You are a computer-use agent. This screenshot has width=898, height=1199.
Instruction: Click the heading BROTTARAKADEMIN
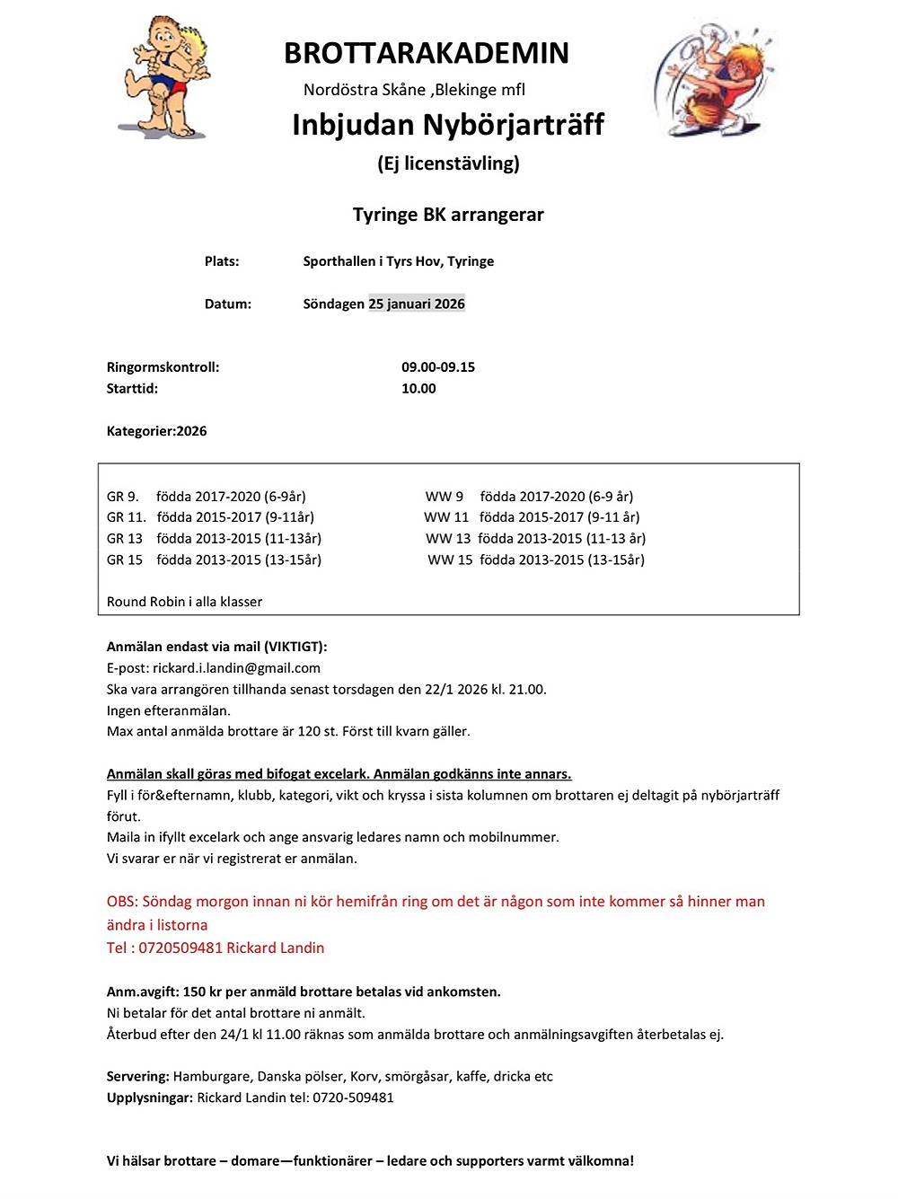point(427,53)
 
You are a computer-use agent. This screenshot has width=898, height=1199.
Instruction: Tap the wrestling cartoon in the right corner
point(716,80)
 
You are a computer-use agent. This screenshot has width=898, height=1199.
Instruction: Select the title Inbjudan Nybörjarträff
point(448,124)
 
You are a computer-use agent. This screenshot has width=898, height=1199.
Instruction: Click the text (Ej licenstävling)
point(448,163)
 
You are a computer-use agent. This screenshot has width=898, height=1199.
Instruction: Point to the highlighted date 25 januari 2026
point(417,304)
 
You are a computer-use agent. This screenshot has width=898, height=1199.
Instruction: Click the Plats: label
point(222,261)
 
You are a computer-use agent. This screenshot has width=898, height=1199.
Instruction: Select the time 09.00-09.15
point(438,367)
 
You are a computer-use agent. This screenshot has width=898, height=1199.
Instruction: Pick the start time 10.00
point(418,389)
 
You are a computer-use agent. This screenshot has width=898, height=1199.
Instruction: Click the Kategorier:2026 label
point(156,431)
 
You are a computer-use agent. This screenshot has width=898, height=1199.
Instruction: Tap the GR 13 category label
point(125,539)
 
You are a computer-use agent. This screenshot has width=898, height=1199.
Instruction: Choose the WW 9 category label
point(445,497)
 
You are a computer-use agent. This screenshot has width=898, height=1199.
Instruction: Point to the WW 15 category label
point(450,560)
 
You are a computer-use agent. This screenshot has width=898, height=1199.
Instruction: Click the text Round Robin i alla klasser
point(184,602)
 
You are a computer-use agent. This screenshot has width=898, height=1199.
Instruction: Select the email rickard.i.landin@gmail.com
point(236,668)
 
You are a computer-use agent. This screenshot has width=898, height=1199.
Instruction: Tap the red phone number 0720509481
point(180,948)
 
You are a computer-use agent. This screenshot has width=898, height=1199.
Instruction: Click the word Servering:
point(138,1077)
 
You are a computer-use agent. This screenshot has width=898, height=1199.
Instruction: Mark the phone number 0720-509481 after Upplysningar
point(353,1098)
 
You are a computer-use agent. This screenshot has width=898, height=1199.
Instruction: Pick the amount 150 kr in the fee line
point(202,992)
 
